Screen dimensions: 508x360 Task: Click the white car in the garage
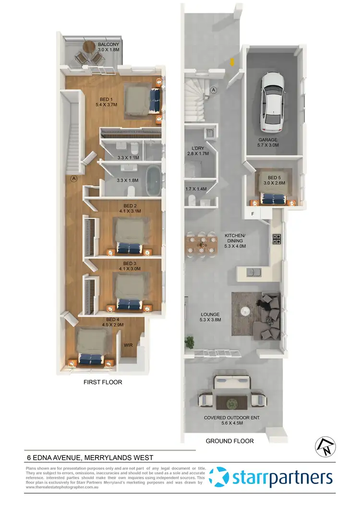[x=272, y=103]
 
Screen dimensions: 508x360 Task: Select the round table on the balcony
[x=90, y=47]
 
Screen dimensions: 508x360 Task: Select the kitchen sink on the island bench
[x=253, y=273]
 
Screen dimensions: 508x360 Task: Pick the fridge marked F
[x=252, y=214]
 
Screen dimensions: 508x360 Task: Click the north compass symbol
[x=323, y=447]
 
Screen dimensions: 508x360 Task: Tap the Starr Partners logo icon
[x=221, y=478]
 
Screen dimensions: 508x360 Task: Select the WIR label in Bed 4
[x=128, y=344]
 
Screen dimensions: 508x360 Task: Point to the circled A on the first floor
[x=73, y=179]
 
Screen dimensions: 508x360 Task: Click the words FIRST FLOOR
[x=102, y=382]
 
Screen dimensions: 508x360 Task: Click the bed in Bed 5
[x=272, y=190]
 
